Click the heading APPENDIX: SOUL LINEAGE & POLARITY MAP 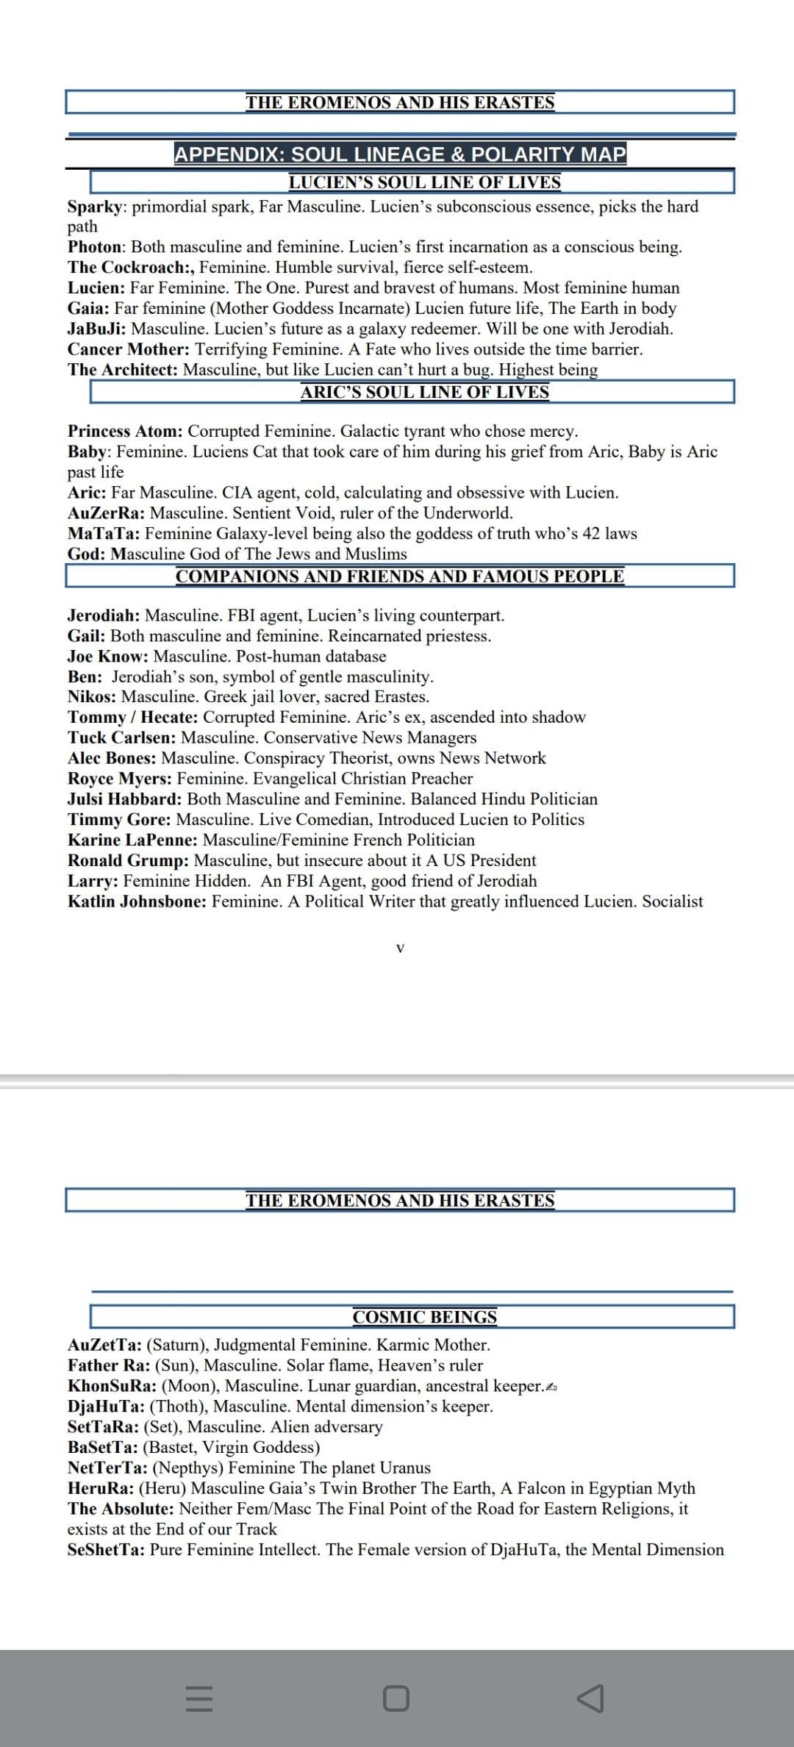(400, 154)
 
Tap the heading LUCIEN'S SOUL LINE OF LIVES (424, 182)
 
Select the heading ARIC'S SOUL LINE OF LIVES (424, 392)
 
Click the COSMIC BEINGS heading (424, 1317)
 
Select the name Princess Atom (125, 431)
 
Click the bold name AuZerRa (106, 513)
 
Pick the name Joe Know (107, 657)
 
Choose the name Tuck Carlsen (121, 737)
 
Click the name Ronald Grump (128, 860)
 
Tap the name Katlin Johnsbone (137, 901)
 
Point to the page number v (400, 948)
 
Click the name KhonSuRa (111, 1386)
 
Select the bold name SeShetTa (105, 1550)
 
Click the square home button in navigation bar (396, 1698)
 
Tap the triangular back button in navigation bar (590, 1698)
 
